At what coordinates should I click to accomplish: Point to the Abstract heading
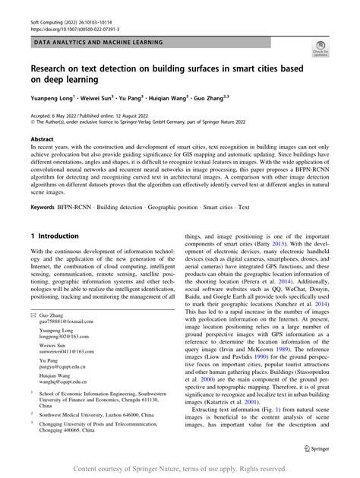(42, 141)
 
